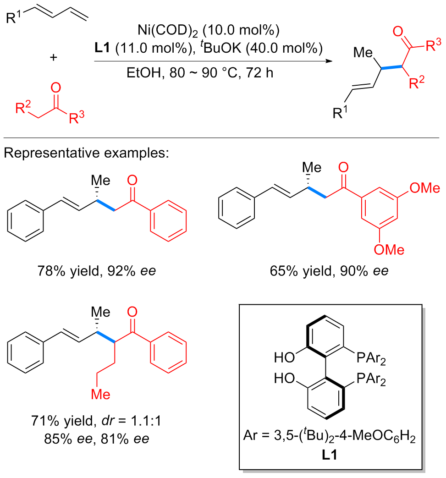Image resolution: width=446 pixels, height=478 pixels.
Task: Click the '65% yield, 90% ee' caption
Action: click(x=329, y=270)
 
